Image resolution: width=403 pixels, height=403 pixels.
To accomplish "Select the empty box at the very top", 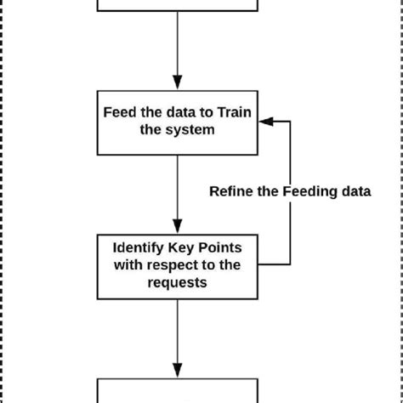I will point(178,6).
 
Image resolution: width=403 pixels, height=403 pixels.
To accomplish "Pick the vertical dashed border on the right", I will point(400,201).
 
